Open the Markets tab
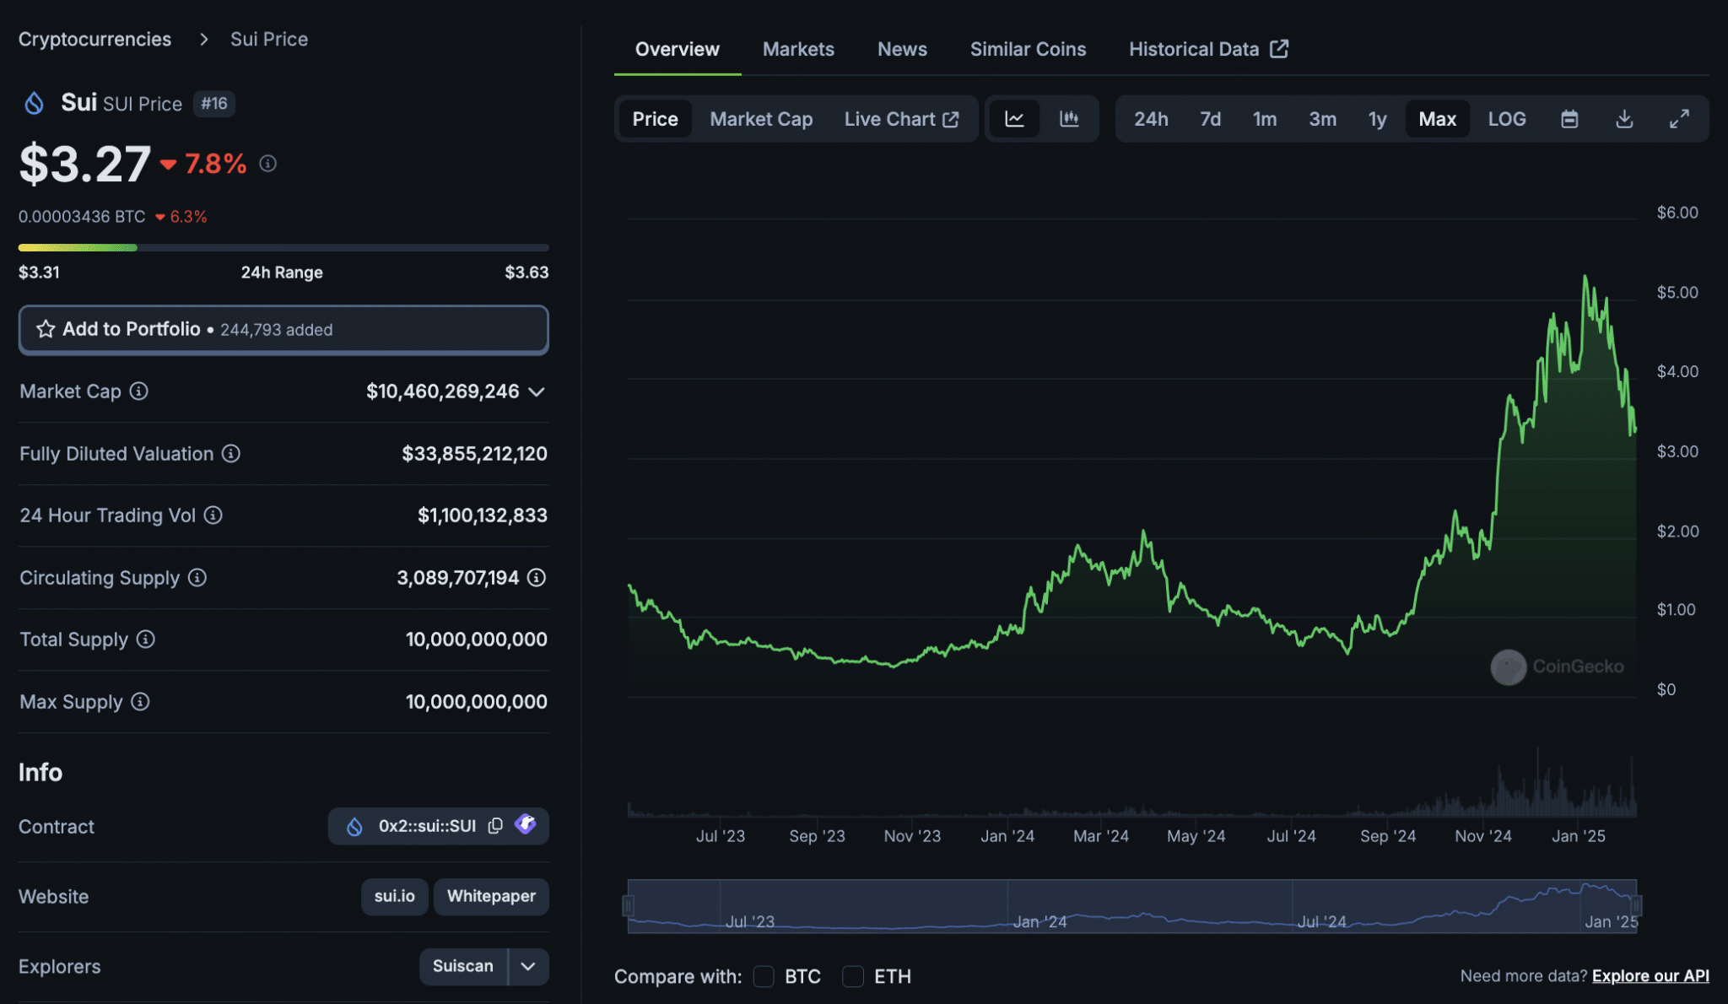pos(798,49)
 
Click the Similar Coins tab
pos(1028,49)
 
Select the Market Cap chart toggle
pos(761,119)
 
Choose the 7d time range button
pos(1210,119)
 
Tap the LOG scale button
pos(1506,119)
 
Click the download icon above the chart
pos(1624,119)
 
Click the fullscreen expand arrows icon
pos(1679,119)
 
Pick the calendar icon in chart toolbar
pos(1569,119)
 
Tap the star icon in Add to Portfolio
pos(46,329)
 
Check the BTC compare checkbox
pos(764,976)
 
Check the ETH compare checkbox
pos(853,976)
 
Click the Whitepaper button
pos(491,896)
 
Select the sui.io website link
pos(394,896)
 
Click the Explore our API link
pos(1650,976)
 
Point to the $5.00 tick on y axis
pos(1677,292)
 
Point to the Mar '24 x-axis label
pos(1100,836)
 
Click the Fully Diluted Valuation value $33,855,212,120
pos(474,454)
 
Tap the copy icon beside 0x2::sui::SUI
pos(495,825)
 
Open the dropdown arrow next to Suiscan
pos(528,966)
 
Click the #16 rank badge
pos(214,104)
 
